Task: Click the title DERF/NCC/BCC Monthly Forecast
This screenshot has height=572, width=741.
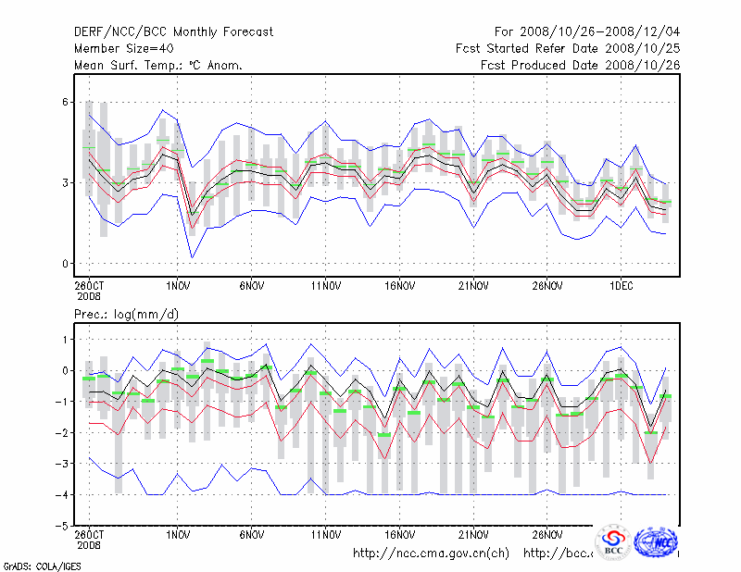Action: pyautogui.click(x=173, y=32)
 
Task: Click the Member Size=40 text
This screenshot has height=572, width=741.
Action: pyautogui.click(x=123, y=49)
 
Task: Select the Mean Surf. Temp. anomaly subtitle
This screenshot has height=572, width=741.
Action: pyautogui.click(x=158, y=66)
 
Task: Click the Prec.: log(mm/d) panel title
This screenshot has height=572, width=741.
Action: pyautogui.click(x=127, y=315)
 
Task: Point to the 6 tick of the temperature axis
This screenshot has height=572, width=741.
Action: pyautogui.click(x=67, y=102)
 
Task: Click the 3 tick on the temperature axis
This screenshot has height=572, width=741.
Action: pyautogui.click(x=67, y=182)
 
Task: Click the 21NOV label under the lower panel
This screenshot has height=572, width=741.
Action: pyautogui.click(x=473, y=535)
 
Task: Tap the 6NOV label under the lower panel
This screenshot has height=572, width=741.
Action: pyautogui.click(x=252, y=535)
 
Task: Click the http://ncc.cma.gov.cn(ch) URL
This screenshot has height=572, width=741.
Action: pyautogui.click(x=431, y=553)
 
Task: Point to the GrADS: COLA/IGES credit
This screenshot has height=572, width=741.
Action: pyautogui.click(x=30, y=565)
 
